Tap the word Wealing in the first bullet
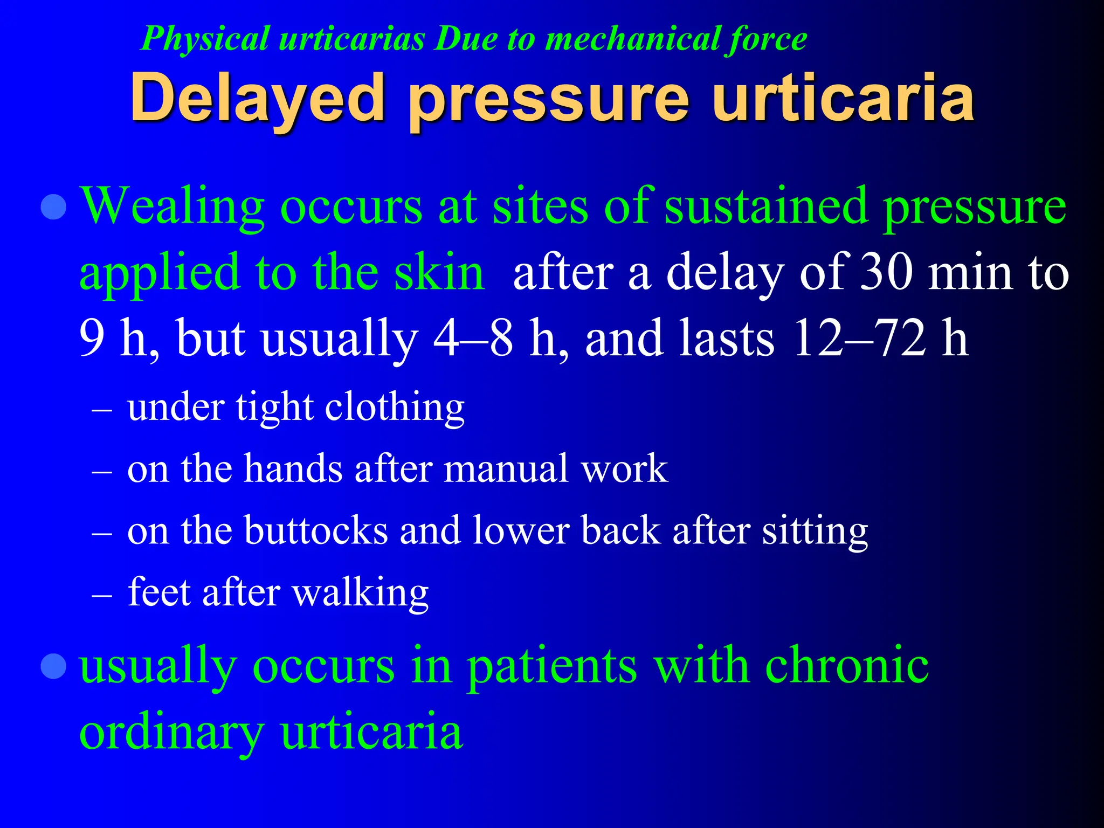point(172,206)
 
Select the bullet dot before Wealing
point(54,207)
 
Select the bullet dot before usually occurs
point(54,666)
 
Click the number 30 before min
point(887,273)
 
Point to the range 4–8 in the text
point(473,339)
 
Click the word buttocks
point(316,530)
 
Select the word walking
point(360,593)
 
